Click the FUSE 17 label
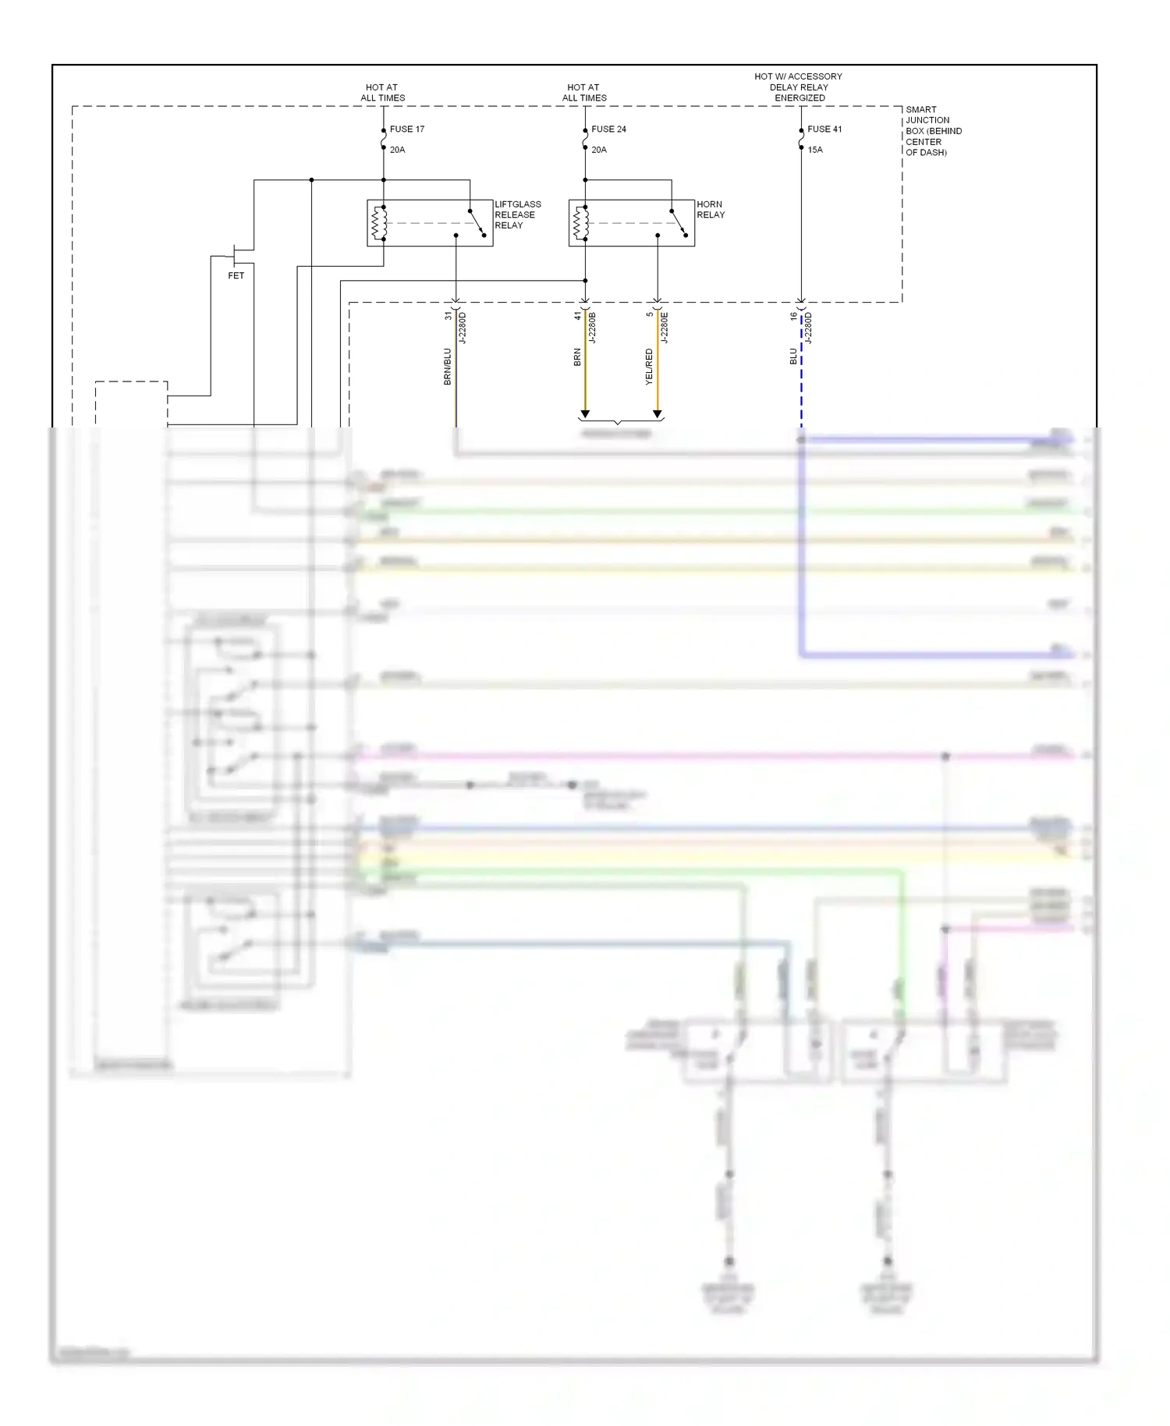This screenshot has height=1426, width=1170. [x=406, y=129]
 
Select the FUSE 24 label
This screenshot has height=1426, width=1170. [x=608, y=129]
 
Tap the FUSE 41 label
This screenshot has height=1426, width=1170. [x=824, y=129]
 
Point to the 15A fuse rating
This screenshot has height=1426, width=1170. [x=815, y=150]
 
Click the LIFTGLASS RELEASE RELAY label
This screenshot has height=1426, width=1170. [x=517, y=215]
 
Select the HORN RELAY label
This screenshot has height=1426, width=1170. [x=710, y=209]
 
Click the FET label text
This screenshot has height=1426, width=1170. [x=236, y=275]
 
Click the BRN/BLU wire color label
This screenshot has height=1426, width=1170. [x=448, y=366]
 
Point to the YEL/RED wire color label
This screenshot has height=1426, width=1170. [x=649, y=366]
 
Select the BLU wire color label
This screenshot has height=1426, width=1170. [x=793, y=356]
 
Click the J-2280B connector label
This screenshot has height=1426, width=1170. [x=592, y=328]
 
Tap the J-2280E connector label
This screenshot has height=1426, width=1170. [x=664, y=328]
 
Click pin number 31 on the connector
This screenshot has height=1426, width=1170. [x=448, y=315]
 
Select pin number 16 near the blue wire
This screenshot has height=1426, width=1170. [x=793, y=316]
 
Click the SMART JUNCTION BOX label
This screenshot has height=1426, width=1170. [x=932, y=131]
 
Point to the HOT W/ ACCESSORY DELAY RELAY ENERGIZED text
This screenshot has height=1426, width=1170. [x=798, y=87]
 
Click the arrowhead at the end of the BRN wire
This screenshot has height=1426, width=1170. [x=585, y=414]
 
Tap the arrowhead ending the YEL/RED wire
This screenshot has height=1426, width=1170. [x=657, y=414]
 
